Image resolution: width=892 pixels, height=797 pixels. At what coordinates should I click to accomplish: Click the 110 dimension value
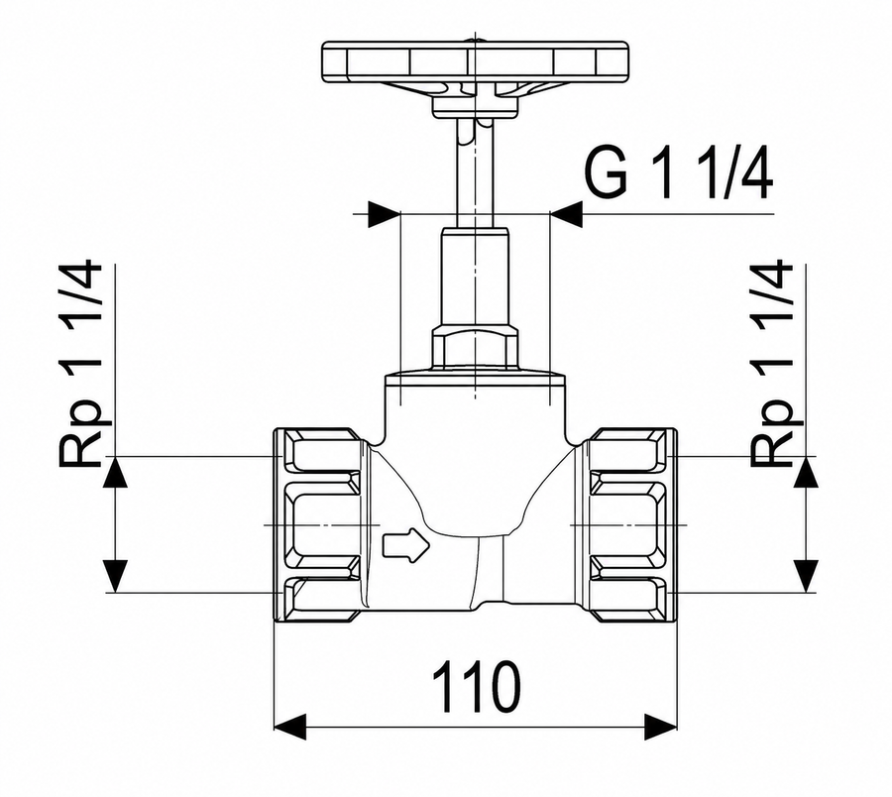(x=476, y=687)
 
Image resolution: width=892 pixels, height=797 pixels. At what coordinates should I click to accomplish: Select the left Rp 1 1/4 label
(x=80, y=365)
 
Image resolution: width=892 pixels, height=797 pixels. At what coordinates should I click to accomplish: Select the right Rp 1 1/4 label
(x=771, y=365)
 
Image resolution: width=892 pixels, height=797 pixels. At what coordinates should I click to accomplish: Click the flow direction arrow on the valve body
(x=406, y=546)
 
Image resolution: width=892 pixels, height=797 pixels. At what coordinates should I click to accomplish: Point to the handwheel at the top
(x=475, y=60)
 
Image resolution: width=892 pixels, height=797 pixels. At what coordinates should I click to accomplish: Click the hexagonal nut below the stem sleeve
(x=475, y=347)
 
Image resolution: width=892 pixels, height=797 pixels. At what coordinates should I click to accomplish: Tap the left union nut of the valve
(x=318, y=525)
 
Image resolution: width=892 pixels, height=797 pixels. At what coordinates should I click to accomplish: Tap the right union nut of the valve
(x=632, y=525)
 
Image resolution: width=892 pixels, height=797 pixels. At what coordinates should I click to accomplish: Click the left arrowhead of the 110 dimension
(x=289, y=727)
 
